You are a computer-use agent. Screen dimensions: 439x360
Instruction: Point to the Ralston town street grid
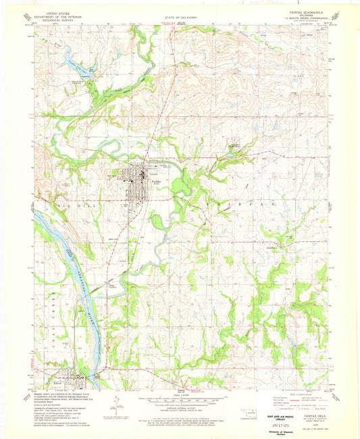pyautogui.click(x=68, y=379)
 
